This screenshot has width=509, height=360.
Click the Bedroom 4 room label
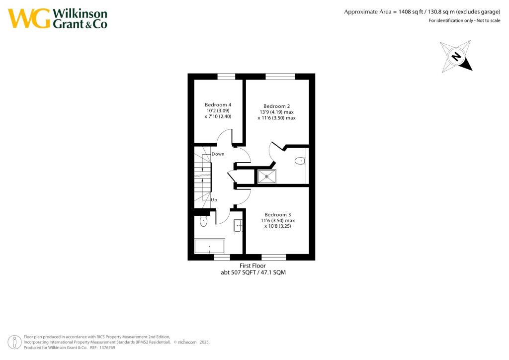(218, 104)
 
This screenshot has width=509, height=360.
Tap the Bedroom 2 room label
(276, 106)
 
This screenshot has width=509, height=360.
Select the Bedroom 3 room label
(277, 214)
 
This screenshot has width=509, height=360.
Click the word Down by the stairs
(218, 154)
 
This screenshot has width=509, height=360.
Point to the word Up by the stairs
(214, 200)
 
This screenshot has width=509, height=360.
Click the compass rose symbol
(456, 56)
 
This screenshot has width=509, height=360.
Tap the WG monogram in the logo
(29, 18)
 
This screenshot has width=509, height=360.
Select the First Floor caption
(253, 266)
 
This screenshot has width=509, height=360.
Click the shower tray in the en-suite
(266, 176)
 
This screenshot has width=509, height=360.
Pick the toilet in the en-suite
(300, 161)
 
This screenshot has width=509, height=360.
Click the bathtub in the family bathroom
(209, 246)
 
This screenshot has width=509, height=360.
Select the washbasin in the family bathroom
(238, 226)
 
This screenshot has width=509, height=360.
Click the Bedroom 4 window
(226, 76)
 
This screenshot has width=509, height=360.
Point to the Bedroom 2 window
(280, 76)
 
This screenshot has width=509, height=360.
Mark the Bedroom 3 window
(273, 258)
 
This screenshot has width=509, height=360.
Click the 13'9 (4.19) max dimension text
(276, 112)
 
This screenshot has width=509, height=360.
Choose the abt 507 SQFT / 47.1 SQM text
(253, 272)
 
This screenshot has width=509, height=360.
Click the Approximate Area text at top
(422, 11)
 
